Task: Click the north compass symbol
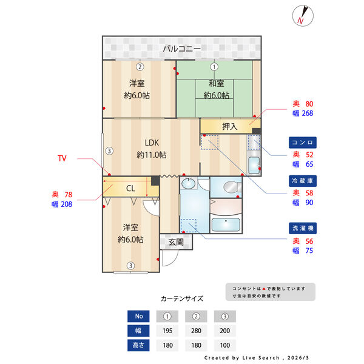pos(304,15)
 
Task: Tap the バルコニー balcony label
pos(181,49)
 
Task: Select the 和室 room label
pos(216,83)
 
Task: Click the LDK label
pos(151,143)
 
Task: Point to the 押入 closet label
pos(229,126)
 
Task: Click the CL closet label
pos(130,188)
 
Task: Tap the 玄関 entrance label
pos(176,242)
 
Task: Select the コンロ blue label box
pos(303,143)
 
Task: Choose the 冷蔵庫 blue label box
pos(303,181)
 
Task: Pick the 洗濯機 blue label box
pos(303,228)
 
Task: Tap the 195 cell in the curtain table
pos(168,331)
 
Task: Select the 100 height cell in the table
pos(225,345)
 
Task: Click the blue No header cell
pos(139,316)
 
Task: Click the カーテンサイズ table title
pos(182,298)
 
